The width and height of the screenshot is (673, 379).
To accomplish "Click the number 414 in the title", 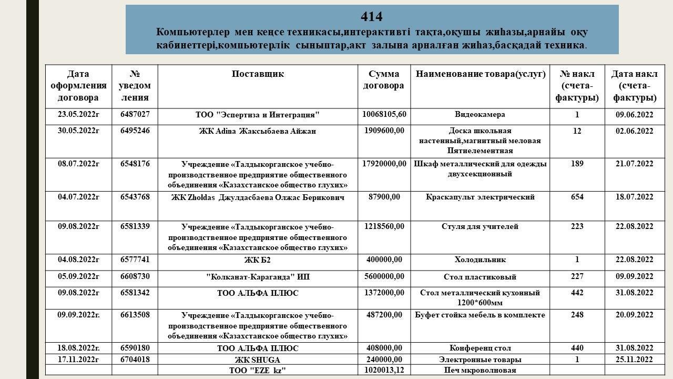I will [x=372, y=17].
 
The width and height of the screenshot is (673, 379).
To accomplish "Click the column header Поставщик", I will [x=258, y=74].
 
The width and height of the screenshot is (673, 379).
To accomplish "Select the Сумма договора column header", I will [x=384, y=79].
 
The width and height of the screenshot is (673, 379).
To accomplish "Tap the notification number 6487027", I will [x=135, y=114].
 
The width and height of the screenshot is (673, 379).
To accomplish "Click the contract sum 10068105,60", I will [x=384, y=114].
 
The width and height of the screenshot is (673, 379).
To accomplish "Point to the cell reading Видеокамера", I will [x=480, y=114].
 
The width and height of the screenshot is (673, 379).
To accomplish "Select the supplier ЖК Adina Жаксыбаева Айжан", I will [x=258, y=131].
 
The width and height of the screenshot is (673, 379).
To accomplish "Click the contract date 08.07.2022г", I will [x=78, y=164].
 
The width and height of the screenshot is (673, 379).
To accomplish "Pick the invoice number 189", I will [x=577, y=164].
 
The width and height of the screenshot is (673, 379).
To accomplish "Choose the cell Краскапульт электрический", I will [x=480, y=197].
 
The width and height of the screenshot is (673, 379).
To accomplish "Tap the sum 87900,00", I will [x=384, y=197].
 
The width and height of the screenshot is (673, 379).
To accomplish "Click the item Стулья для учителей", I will [x=480, y=226].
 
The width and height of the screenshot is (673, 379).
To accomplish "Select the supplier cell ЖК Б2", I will [x=258, y=260].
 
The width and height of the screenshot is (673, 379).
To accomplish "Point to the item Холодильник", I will [x=480, y=260].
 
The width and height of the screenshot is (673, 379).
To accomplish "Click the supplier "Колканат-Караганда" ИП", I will [x=258, y=277].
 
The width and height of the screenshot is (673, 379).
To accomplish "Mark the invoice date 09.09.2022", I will [x=634, y=276].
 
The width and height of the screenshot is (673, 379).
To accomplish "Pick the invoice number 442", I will [x=577, y=293].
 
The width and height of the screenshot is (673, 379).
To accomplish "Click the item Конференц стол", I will [x=480, y=348].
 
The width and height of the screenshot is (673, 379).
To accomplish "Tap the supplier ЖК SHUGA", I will [x=258, y=360].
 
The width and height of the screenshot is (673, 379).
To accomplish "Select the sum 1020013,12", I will [x=384, y=370].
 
